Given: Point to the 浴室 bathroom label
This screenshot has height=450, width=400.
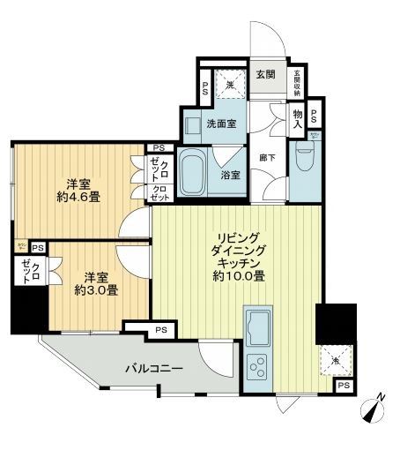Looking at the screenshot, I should click(231, 174).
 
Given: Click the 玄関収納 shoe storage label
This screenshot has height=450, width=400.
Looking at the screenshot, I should click(297, 81).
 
